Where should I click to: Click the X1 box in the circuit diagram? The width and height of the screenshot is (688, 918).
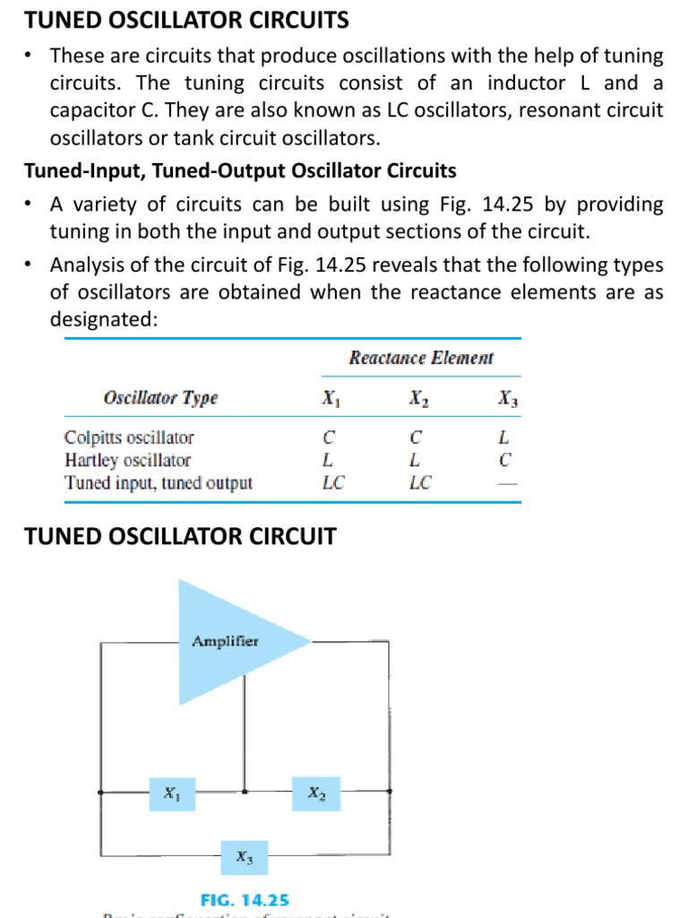(x=170, y=793)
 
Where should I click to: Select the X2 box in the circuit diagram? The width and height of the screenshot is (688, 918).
(x=316, y=793)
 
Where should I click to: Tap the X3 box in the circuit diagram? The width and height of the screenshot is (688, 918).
(x=244, y=858)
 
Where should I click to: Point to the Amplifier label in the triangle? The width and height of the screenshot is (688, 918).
(x=225, y=641)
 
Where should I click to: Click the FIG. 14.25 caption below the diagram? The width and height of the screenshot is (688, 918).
(x=245, y=899)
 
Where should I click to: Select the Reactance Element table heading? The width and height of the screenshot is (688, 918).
(x=421, y=359)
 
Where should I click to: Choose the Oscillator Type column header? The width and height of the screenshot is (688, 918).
(x=160, y=398)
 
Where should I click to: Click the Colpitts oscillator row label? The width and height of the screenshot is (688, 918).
(x=129, y=437)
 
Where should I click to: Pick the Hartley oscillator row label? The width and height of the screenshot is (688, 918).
(x=127, y=460)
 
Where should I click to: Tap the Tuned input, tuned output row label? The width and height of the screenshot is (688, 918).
(x=159, y=482)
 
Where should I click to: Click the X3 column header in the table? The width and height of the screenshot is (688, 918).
(x=508, y=399)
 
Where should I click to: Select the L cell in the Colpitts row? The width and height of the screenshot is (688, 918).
(x=505, y=438)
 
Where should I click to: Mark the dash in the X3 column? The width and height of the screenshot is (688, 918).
(x=508, y=483)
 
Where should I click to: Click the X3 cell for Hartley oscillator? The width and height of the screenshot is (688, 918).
(x=505, y=461)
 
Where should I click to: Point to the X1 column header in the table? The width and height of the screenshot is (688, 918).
(x=331, y=399)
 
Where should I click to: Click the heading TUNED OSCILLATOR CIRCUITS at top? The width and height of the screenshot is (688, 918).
(x=186, y=20)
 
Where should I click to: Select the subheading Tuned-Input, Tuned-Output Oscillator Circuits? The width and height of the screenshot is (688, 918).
(x=240, y=170)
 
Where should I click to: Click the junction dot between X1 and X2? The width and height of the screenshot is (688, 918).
(x=245, y=792)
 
